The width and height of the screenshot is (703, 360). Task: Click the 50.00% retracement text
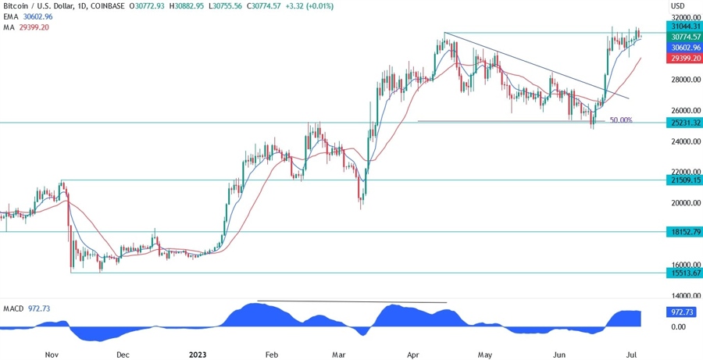point(621,120)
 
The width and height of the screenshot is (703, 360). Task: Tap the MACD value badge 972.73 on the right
point(678,311)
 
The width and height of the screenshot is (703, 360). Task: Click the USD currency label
point(678,5)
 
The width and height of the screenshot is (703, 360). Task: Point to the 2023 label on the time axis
point(198,353)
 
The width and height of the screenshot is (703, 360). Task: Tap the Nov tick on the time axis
point(51,353)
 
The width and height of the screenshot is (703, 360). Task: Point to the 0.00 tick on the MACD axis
point(676,326)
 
